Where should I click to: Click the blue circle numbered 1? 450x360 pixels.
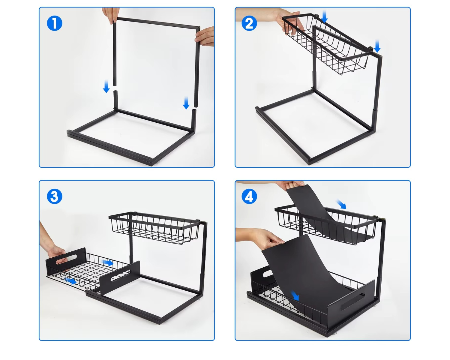55,23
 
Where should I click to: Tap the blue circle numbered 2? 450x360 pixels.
249,23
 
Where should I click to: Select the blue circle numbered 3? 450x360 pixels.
55,196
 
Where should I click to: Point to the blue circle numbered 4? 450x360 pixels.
249,196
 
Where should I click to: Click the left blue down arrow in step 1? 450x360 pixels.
106,86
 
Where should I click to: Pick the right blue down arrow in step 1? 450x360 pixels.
186,103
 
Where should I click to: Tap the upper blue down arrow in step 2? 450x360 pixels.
324,16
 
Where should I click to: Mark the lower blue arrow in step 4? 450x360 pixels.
295,295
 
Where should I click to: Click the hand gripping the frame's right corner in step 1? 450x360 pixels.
205,36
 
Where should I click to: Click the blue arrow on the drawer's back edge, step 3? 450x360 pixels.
107,262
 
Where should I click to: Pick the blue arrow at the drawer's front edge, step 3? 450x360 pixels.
71,281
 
